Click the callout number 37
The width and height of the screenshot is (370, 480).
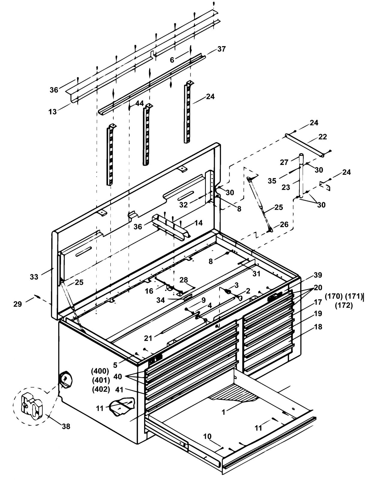tap(221, 49)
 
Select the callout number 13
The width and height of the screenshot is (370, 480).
tap(53, 112)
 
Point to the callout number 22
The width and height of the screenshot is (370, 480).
tap(323, 137)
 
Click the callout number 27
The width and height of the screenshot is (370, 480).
tap(284, 162)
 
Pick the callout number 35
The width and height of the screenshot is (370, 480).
tap(272, 181)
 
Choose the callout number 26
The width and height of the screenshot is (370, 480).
tap(284, 224)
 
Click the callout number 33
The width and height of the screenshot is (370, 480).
tap(34, 277)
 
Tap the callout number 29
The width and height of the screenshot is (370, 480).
tap(18, 304)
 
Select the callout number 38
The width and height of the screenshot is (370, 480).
tap(66, 426)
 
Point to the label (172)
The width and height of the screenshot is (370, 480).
tap(344, 305)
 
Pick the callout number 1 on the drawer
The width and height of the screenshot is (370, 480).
tap(224, 412)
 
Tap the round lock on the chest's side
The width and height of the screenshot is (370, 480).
tap(65, 379)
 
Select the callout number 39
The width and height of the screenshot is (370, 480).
tap(318, 275)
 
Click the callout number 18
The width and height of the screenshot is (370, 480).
tap(318, 327)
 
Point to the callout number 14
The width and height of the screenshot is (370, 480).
tap(199, 223)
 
